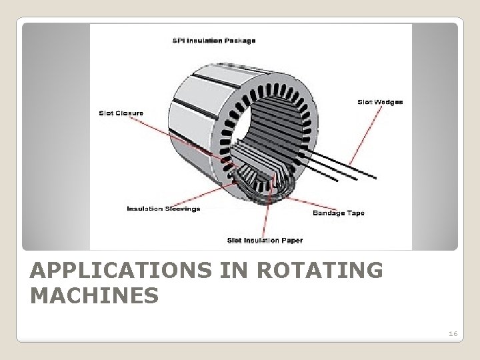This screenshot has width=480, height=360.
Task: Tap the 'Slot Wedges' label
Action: coord(381,102)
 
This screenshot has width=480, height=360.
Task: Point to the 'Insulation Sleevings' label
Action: coord(163,209)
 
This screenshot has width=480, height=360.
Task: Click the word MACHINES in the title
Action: coord(95,295)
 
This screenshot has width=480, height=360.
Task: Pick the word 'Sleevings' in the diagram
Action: coord(181,209)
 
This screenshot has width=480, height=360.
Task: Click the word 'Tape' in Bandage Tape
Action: coord(348,213)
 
